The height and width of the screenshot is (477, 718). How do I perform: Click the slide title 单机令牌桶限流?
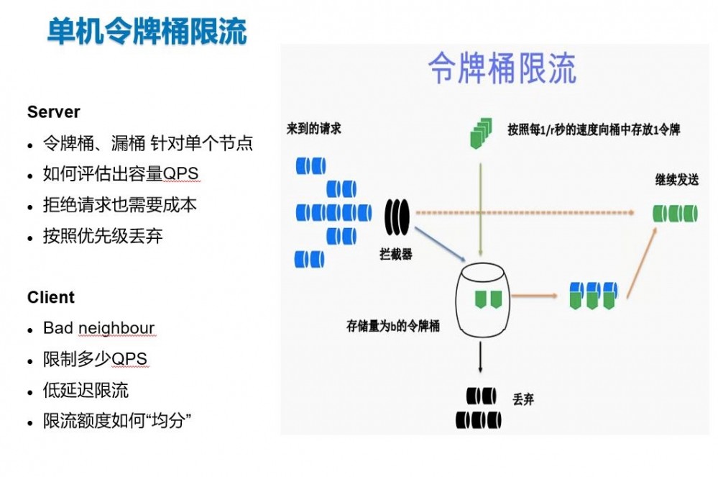coord(147,32)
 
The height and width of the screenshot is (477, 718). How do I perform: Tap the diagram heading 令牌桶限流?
coord(502,69)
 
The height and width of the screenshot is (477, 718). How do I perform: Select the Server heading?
coord(53,112)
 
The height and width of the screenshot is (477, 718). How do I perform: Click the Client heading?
coord(50,297)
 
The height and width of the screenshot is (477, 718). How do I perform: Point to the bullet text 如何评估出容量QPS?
coord(120,174)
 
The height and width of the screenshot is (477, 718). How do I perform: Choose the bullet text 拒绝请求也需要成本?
coord(119,205)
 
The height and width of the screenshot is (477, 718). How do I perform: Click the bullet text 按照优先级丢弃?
coord(103,236)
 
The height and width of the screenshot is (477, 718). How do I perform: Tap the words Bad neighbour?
coord(98,329)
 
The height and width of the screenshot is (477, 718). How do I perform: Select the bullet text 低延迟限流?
coord(86,391)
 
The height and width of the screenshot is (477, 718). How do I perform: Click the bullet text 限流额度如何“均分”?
coord(117,422)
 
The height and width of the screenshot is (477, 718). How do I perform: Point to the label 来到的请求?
coord(313,129)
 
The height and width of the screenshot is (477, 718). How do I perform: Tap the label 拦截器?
coord(396,254)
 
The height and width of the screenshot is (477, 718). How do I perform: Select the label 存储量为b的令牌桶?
coord(392,326)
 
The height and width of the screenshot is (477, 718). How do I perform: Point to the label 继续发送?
coord(676,180)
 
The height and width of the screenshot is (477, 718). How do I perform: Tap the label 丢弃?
coord(523,399)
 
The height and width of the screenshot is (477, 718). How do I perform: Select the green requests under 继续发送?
coord(675,213)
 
